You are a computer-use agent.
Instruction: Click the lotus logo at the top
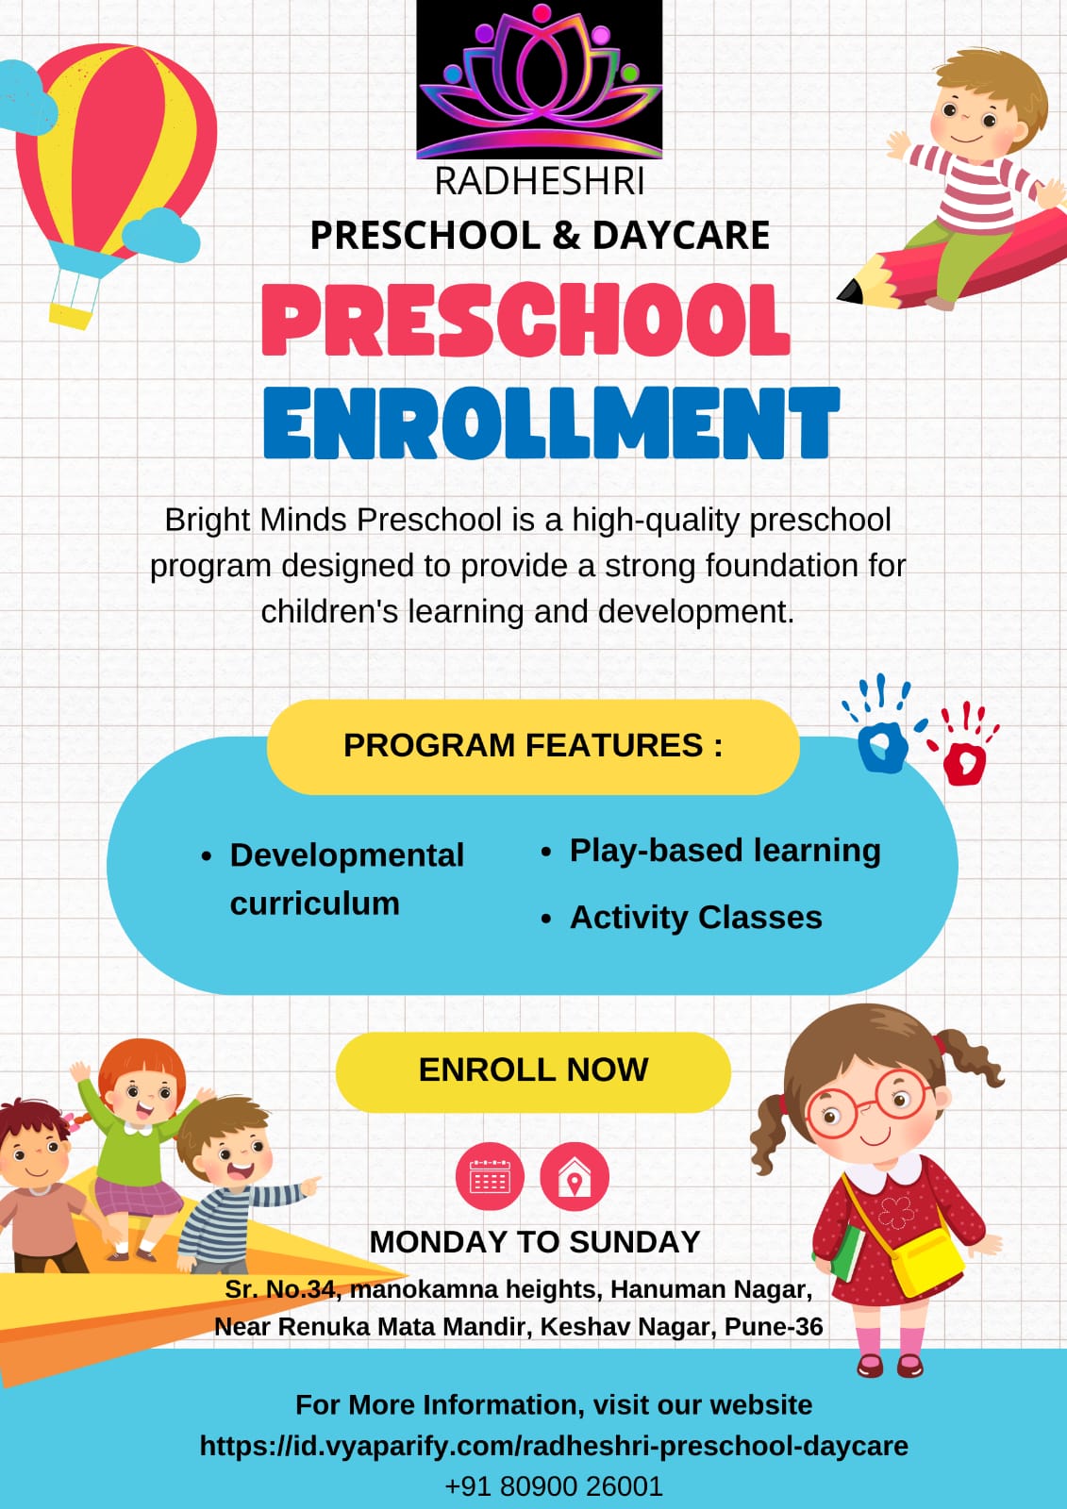coord(540,79)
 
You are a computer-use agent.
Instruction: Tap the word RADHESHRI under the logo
coord(540,181)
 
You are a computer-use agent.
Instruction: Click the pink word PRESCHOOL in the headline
coord(525,320)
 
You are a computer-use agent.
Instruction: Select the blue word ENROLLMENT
coord(551,423)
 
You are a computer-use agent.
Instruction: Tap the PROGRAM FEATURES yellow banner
coord(533,746)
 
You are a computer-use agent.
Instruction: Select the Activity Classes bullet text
coord(695,918)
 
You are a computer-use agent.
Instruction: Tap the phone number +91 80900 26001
coord(554,1485)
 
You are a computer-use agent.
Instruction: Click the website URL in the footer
coord(554,1446)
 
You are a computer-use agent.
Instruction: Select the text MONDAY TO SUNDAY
coord(535,1241)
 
